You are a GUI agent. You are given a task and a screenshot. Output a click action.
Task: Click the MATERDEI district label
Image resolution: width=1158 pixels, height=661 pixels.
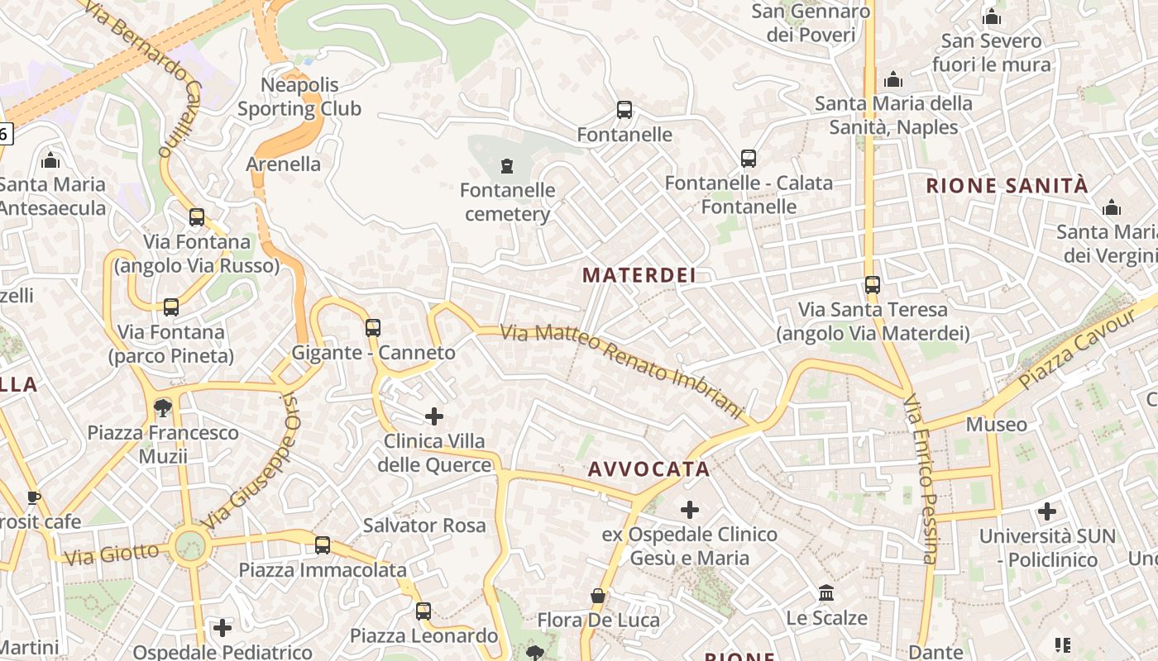click(639, 275)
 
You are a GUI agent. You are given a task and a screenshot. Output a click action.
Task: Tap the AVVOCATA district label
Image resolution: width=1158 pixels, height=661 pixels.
click(648, 469)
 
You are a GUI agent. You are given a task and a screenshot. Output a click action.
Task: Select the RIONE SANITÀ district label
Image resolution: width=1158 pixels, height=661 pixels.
click(1007, 185)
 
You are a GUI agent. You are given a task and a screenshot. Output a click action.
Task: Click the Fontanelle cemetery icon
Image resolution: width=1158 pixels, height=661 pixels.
click(507, 166)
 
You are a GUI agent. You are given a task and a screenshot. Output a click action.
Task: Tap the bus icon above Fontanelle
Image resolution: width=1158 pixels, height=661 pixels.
click(624, 110)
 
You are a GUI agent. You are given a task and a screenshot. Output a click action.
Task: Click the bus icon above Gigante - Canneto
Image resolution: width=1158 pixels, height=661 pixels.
click(373, 328)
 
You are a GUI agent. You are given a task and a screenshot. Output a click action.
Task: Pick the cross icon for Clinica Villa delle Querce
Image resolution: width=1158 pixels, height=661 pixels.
click(434, 416)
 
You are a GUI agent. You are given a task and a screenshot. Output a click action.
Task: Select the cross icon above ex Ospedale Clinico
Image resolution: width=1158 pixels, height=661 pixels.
click(690, 510)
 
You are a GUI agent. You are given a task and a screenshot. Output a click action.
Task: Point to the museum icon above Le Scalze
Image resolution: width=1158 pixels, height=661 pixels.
click(826, 593)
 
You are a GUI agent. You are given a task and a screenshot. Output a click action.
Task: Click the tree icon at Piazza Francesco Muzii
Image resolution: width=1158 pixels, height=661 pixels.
click(163, 407)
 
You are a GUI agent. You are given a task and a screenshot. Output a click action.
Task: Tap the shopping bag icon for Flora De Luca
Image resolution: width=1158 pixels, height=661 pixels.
click(598, 596)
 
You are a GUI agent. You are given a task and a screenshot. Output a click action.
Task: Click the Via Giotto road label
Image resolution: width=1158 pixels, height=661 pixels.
click(111, 554)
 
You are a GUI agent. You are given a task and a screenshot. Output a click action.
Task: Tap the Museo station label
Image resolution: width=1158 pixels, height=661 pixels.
click(997, 425)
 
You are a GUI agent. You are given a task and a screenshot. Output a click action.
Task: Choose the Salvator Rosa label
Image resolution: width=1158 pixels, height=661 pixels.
click(424, 525)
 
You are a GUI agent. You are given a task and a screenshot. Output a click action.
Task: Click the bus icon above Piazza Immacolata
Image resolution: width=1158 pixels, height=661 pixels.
click(323, 545)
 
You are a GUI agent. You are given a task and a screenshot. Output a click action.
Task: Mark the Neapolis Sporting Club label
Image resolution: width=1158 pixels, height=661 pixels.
click(299, 97)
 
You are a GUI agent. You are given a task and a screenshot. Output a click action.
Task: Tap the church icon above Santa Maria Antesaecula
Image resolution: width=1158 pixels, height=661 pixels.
click(50, 159)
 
